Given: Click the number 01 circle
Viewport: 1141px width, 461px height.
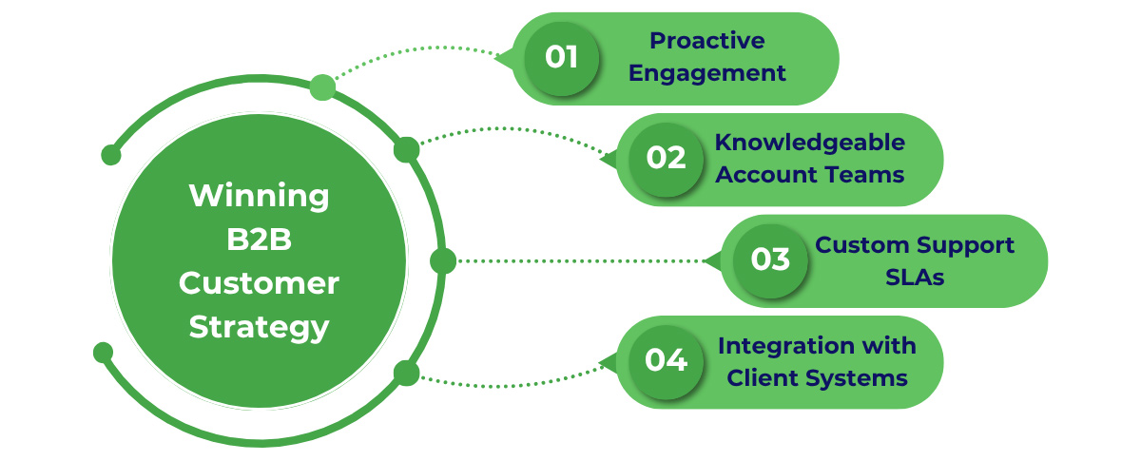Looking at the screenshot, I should [x=562, y=58].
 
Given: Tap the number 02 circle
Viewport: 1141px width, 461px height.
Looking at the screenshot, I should [x=667, y=159].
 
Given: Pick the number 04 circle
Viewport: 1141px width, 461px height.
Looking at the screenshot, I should [x=667, y=361].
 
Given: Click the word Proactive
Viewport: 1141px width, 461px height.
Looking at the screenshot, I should [x=706, y=41].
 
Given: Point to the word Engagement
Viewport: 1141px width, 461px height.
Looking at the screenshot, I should [x=707, y=73].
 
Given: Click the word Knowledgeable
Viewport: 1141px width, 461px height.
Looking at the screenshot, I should [x=809, y=143].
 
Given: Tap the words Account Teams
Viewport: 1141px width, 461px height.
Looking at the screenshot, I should [x=809, y=175].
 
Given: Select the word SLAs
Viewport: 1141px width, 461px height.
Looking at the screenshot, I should [x=915, y=277].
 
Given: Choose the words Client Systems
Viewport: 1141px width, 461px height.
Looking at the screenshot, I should [x=817, y=377].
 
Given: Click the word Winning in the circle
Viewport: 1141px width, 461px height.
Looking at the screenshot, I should [x=259, y=197].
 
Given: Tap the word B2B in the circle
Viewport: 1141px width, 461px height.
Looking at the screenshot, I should [x=259, y=240].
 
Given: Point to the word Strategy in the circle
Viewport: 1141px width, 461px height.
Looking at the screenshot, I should [x=259, y=327].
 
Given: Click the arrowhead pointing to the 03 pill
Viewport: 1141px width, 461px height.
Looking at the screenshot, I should [x=712, y=260].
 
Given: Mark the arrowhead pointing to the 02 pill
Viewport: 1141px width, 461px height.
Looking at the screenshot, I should [x=608, y=159].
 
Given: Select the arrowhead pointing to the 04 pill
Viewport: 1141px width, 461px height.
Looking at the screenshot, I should [x=608, y=361].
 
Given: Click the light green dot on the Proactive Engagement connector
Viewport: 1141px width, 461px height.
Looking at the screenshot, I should [x=322, y=87].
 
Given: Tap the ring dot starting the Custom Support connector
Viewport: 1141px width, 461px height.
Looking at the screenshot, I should [x=443, y=260].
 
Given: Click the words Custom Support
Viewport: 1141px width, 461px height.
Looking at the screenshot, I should [x=915, y=244].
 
